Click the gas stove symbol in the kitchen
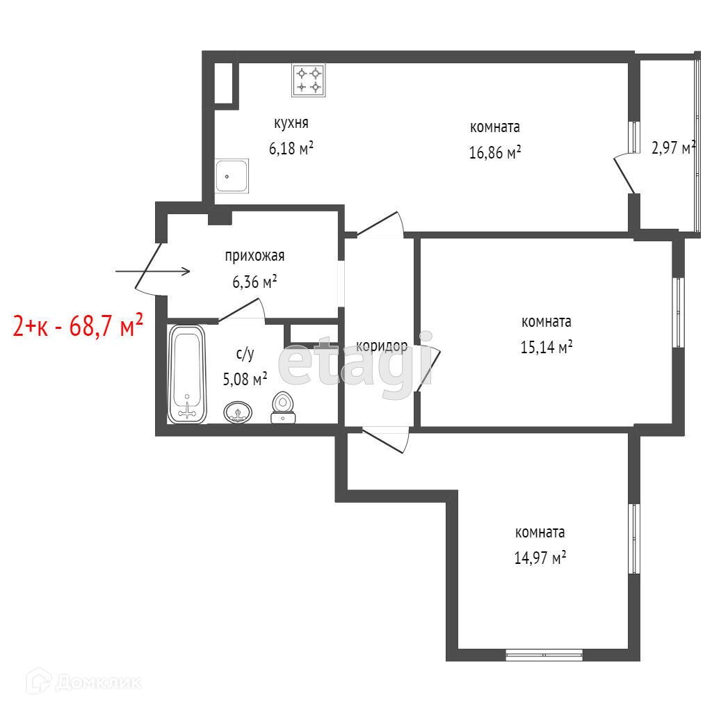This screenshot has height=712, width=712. point(308,80)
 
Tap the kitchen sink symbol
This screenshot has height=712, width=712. point(232,176)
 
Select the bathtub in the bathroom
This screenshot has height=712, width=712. point(187,375)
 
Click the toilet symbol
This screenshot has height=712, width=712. point(283,407)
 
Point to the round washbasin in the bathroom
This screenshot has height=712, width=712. point(238,412)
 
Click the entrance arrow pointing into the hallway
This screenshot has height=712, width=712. point(152,272)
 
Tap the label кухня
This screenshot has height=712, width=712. point(291,122)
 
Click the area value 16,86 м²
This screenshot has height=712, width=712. point(494,152)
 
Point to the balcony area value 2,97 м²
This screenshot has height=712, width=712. point(673,147)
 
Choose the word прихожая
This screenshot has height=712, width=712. point(254,256)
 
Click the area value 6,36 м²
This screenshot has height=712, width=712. point(254,282)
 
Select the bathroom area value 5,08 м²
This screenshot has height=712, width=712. point(245,378)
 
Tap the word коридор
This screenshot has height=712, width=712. point(382,346)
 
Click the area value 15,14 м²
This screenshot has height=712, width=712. point(547,347)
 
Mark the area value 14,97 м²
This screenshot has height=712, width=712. point(540,557)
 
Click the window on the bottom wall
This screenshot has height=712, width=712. point(544,654)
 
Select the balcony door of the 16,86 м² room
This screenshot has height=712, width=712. point(624,174)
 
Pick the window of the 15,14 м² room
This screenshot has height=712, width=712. point(678,312)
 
